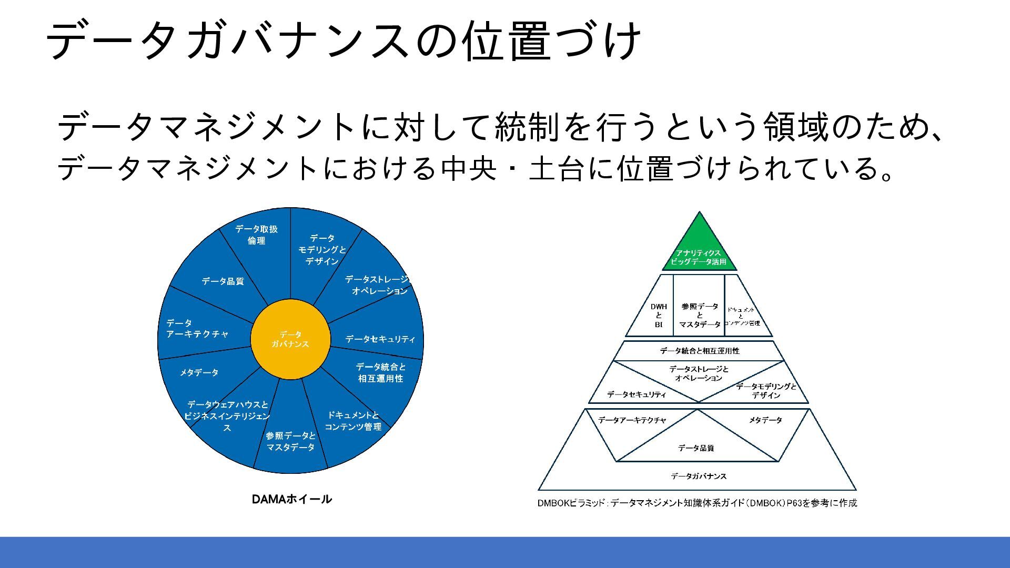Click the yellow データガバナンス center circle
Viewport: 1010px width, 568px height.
tap(290, 339)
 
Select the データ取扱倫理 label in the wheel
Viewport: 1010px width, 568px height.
tap(256, 235)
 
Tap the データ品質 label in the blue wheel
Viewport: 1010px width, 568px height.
tap(223, 281)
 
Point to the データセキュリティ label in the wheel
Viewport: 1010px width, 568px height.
tap(380, 339)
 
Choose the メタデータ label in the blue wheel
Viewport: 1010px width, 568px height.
tap(199, 372)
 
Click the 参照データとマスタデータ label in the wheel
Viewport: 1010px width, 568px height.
tap(290, 441)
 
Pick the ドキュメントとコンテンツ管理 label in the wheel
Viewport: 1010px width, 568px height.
tap(353, 421)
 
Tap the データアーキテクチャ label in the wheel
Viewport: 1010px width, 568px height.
tap(197, 329)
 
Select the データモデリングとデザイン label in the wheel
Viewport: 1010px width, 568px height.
tap(322, 250)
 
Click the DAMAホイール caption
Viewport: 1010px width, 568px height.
tap(291, 499)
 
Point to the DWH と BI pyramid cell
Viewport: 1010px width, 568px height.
tap(659, 315)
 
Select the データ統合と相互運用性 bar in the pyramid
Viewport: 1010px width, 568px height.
tap(699, 351)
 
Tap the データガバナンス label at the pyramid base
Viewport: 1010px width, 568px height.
tap(699, 476)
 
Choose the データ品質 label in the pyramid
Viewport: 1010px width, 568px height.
tap(695, 448)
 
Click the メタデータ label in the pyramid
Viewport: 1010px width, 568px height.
tap(765, 420)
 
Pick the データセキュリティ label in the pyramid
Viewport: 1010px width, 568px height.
tap(637, 394)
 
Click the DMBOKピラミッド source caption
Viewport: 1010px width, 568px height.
tap(697, 503)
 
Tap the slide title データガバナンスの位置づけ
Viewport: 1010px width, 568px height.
tap(344, 40)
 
